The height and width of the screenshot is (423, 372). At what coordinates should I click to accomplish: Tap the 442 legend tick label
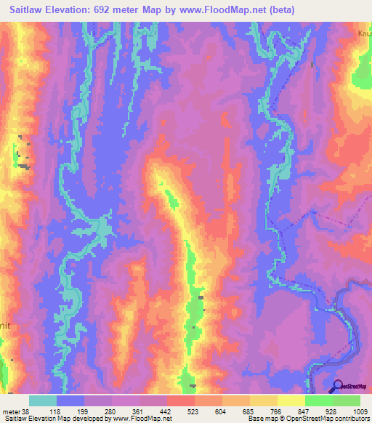coord(166,411)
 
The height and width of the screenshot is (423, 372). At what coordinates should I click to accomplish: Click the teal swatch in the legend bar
coord(43,400)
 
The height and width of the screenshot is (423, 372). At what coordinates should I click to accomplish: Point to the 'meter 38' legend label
coord(15,411)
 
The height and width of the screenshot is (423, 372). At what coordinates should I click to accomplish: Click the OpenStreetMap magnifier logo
coord(337,386)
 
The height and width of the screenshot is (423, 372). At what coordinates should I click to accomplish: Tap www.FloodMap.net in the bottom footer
coord(142,419)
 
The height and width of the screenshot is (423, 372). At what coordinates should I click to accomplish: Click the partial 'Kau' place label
coord(365,33)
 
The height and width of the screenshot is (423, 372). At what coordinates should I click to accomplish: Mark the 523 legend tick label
coord(194,411)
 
